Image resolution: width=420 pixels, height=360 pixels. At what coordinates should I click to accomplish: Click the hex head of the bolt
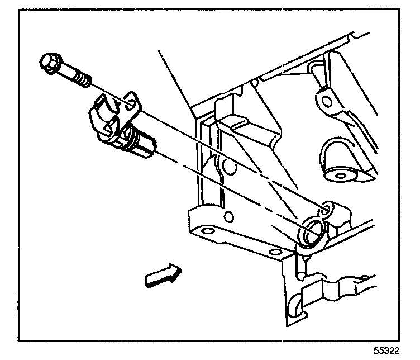click(50, 63)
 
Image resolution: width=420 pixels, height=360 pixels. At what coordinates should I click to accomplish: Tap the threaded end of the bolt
click(83, 79)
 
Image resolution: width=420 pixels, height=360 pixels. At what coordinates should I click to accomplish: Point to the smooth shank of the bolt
click(68, 72)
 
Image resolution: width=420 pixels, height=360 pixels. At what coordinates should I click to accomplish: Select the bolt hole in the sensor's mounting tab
click(129, 103)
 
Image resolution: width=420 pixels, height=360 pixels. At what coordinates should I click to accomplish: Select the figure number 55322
click(390, 350)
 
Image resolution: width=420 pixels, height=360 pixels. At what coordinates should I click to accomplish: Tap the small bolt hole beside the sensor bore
click(327, 210)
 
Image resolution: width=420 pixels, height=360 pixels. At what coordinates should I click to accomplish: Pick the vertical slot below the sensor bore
click(300, 265)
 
